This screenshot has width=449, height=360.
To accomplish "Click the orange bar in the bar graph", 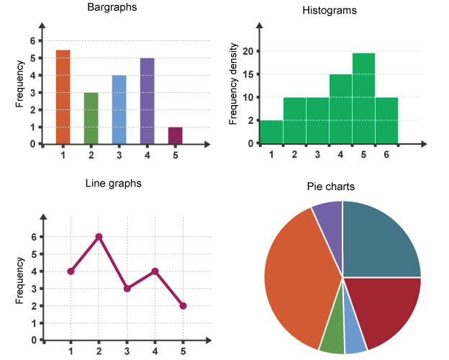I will pyautogui.click(x=63, y=97).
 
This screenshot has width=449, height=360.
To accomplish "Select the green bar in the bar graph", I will pyautogui.click(x=91, y=118).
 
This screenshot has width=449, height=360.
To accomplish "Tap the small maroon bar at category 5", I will pyautogui.click(x=176, y=135).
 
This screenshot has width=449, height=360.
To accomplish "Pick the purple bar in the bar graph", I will pyautogui.click(x=148, y=101).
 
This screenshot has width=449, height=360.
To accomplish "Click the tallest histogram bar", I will pyautogui.click(x=363, y=98).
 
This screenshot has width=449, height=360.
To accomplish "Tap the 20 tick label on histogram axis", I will pyautogui.click(x=247, y=51).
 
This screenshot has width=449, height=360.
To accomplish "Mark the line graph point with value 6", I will pyautogui.click(x=99, y=237).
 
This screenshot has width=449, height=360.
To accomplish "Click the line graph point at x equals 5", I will pyautogui.click(x=183, y=306).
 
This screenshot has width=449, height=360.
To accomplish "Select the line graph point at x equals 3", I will pyautogui.click(x=127, y=289).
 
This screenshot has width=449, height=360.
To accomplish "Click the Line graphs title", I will pyautogui.click(x=114, y=184).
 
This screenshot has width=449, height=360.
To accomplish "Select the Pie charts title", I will pyautogui.click(x=330, y=187).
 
